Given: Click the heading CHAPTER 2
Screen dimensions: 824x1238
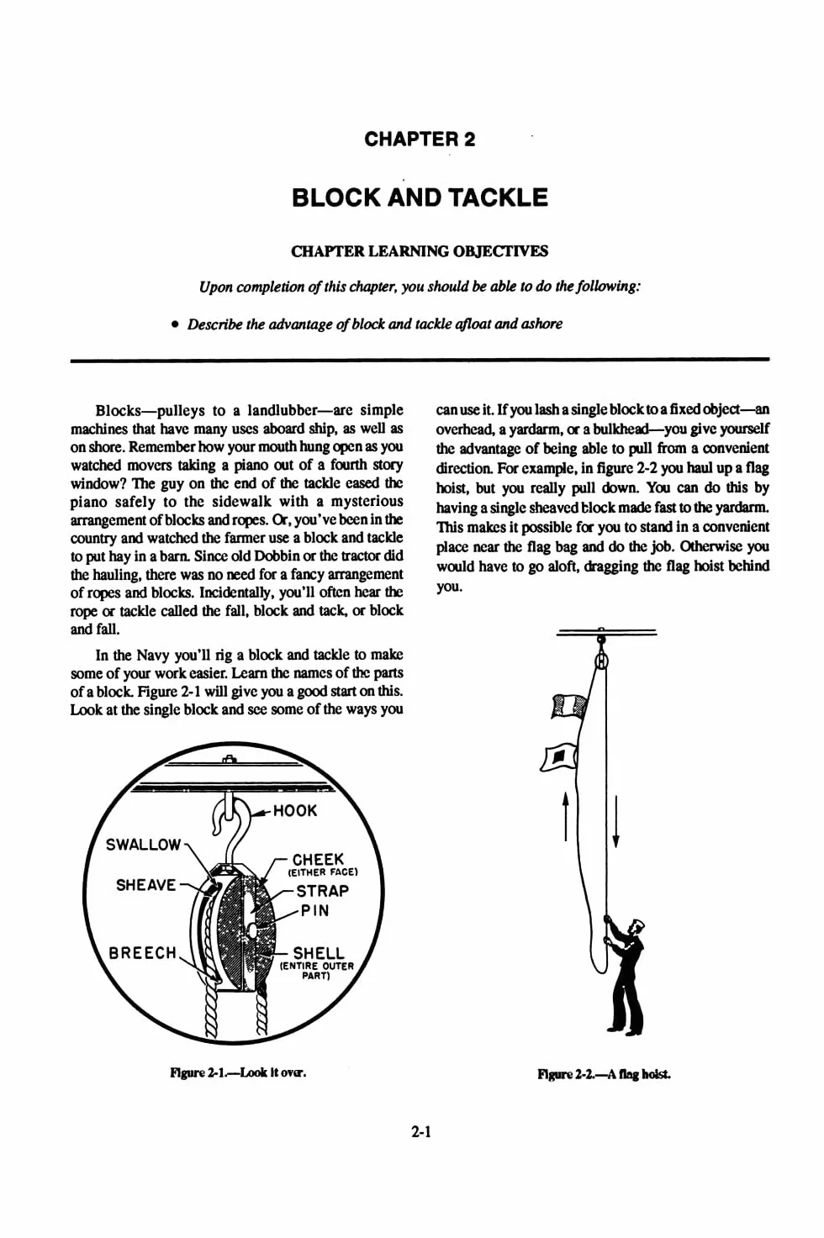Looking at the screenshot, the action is (x=420, y=139).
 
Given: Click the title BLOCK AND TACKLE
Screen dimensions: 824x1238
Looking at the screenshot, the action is (x=420, y=198).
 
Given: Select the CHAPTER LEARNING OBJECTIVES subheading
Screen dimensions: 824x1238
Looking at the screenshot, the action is (x=420, y=251).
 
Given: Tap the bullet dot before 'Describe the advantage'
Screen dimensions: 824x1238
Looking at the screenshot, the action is (x=175, y=325).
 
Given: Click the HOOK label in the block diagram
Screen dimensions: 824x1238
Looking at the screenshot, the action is (x=295, y=811).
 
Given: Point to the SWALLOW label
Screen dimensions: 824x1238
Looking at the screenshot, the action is (x=143, y=845).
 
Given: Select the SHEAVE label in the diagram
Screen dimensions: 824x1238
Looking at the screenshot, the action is (x=146, y=885).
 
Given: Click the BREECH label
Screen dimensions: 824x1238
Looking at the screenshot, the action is (x=143, y=953).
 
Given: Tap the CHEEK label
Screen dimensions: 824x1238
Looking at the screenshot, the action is (x=318, y=860).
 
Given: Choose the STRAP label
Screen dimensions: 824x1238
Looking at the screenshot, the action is (x=323, y=891).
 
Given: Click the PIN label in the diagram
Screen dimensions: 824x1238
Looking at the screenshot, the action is (x=314, y=910).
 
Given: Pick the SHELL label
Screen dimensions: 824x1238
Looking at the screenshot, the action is (x=319, y=953).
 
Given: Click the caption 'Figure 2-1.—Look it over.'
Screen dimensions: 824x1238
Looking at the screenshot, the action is (x=238, y=1072).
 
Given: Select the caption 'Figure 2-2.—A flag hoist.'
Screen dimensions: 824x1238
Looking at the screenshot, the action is (x=604, y=1074).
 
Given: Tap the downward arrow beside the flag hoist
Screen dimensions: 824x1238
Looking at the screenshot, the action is (x=615, y=822).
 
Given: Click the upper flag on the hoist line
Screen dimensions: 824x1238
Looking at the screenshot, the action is (x=568, y=706).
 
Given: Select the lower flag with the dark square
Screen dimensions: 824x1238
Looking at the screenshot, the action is (x=558, y=756).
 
